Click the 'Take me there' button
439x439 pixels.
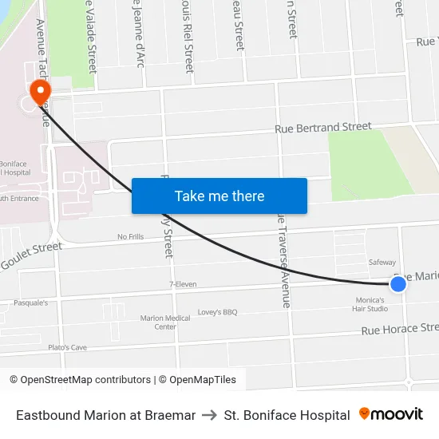pyautogui.click(x=219, y=196)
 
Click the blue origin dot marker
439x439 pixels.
pyautogui.click(x=398, y=283)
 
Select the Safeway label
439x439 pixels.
pyautogui.click(x=382, y=262)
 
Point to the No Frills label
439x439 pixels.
pyautogui.click(x=130, y=236)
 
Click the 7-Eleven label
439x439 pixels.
pyautogui.click(x=183, y=284)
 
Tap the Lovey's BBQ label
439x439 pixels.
pyautogui.click(x=218, y=312)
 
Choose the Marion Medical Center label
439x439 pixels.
pyautogui.click(x=165, y=322)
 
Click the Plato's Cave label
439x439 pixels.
pyautogui.click(x=67, y=347)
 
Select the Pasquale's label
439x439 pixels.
pyautogui.click(x=31, y=303)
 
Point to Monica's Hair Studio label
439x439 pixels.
pyautogui.click(x=370, y=304)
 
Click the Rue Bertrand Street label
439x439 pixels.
pyautogui.click(x=323, y=127)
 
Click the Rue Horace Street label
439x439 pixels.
pyautogui.click(x=400, y=328)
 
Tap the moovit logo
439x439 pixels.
pyautogui.click(x=391, y=414)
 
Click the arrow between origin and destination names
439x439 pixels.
pyautogui.click(x=210, y=415)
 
